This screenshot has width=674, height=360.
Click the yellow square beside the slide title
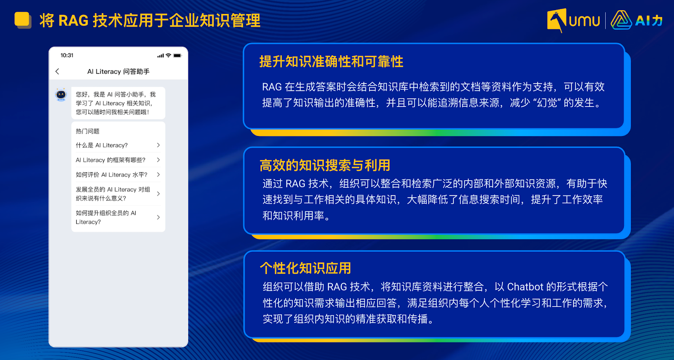tap(22, 19)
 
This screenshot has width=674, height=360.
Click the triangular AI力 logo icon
tap(621, 20)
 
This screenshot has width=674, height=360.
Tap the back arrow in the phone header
tap(57, 71)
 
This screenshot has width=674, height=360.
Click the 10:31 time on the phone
tap(67, 55)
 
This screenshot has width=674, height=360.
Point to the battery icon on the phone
tap(177, 55)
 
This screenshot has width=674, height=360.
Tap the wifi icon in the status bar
tap(168, 55)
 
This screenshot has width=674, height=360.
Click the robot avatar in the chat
tap(61, 95)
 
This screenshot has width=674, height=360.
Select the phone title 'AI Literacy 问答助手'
tap(118, 72)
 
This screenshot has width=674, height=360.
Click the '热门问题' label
tap(88, 131)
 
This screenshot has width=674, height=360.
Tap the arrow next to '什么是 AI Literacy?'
tap(158, 145)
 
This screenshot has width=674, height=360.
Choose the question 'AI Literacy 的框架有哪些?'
tap(110, 160)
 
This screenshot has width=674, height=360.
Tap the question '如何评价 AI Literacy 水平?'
tap(112, 175)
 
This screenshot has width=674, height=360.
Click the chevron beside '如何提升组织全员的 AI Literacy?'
tap(158, 217)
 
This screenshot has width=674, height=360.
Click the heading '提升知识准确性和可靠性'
tap(331, 61)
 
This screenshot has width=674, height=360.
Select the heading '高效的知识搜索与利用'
tap(325, 165)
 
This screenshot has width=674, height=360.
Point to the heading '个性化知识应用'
tap(305, 268)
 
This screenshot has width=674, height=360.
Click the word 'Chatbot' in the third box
tap(525, 287)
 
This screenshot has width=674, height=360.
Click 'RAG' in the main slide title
tap(73, 21)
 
